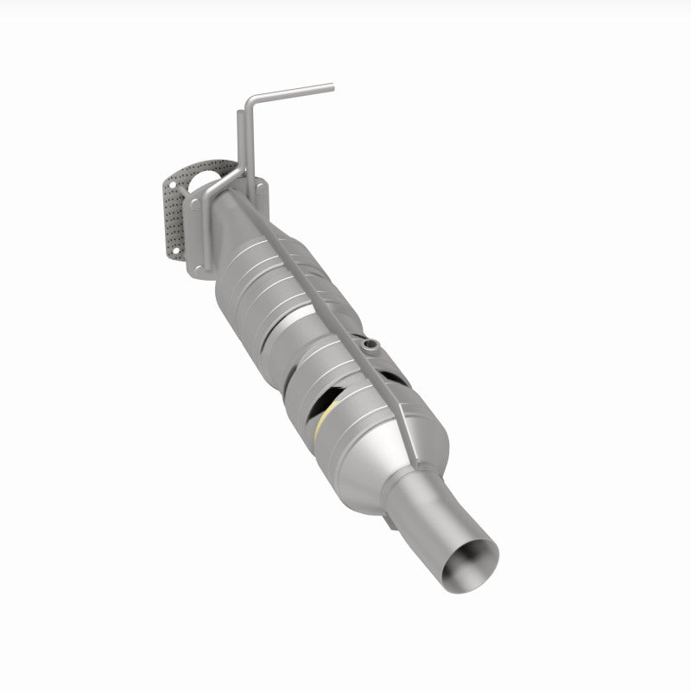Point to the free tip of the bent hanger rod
[x=330, y=86]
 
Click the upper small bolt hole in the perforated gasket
[x=172, y=183]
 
